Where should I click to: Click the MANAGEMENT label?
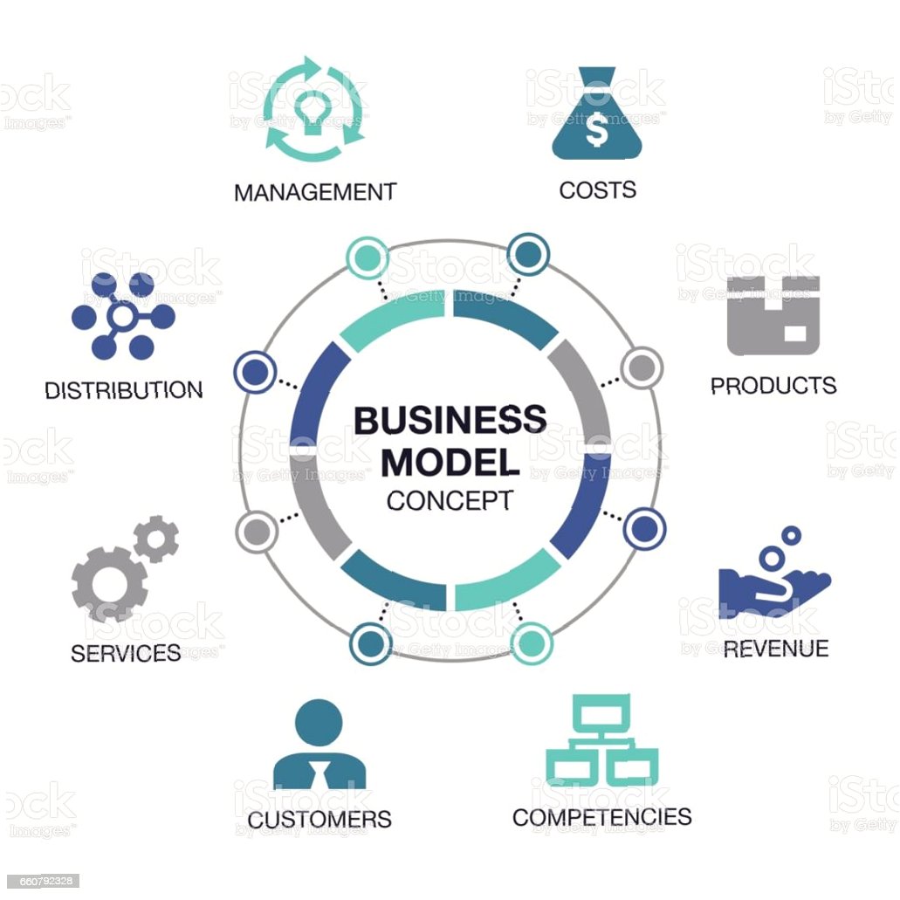(x=315, y=191)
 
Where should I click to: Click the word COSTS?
(x=597, y=189)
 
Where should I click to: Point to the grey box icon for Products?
(x=773, y=315)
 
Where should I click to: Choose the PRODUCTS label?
(x=773, y=385)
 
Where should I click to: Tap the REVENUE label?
(x=775, y=648)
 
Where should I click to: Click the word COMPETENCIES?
(x=601, y=817)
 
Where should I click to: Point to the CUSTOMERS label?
(x=319, y=820)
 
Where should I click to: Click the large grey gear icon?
(x=108, y=583)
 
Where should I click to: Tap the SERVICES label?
(x=126, y=652)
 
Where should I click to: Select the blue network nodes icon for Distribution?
(x=122, y=316)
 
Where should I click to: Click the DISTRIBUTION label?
(x=123, y=389)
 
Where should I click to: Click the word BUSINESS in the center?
(x=450, y=421)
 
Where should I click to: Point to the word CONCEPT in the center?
(x=450, y=501)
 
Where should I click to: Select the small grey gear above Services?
(x=157, y=539)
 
